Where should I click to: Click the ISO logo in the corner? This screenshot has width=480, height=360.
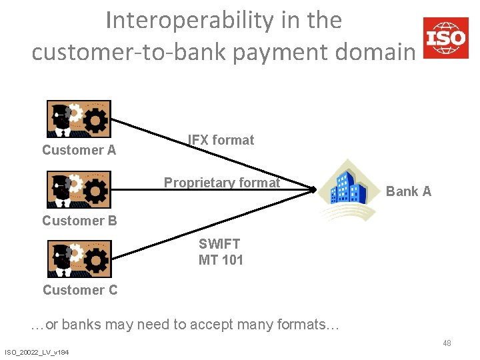click(445, 37)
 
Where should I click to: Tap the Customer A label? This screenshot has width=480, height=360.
click(79, 150)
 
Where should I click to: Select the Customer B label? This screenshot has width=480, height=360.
click(79, 221)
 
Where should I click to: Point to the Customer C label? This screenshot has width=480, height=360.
click(80, 290)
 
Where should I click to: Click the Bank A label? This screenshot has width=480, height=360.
click(409, 191)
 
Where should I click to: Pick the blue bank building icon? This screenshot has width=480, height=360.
click(348, 187)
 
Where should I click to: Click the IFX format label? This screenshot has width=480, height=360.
click(221, 140)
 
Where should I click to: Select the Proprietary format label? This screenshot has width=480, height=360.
click(222, 183)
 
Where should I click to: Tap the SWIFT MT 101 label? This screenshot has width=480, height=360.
click(220, 252)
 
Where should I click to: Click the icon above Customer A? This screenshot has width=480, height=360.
click(79, 119)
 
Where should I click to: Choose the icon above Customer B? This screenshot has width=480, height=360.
click(79, 189)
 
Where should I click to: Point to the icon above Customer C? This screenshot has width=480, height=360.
click(79, 259)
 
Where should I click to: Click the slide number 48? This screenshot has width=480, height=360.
click(447, 343)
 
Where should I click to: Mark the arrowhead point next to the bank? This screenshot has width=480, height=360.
click(314, 190)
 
